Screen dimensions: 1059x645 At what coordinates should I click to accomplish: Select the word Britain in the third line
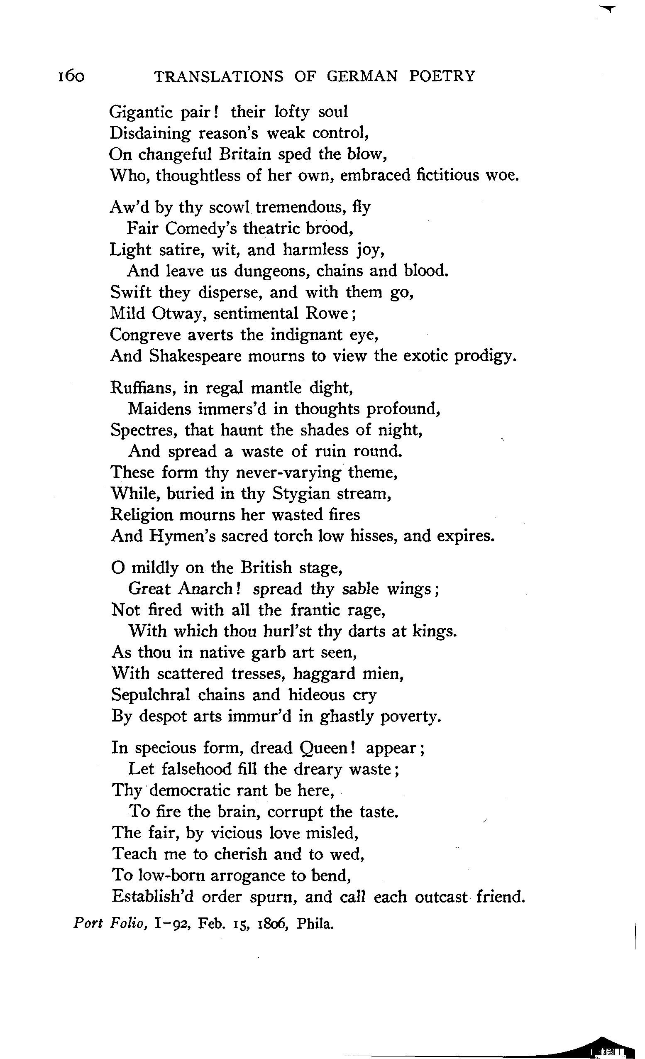(244, 154)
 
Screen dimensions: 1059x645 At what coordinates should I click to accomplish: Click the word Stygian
(301, 494)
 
